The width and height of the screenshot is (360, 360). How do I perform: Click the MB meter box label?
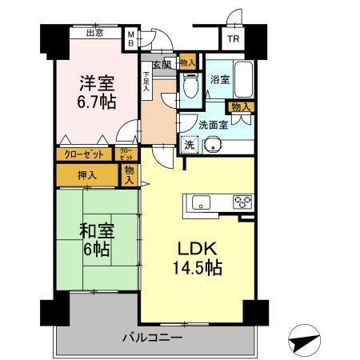pyautogui.click(x=131, y=38)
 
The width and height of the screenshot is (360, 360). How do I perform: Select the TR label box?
pyautogui.click(x=232, y=38)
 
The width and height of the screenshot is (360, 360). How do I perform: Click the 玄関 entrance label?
pyautogui.click(x=160, y=64)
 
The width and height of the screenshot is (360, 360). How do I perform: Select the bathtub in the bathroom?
pyautogui.click(x=241, y=80)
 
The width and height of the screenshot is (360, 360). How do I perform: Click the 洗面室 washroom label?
pyautogui.click(x=213, y=123)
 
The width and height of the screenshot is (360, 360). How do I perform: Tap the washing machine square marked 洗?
pyautogui.click(x=189, y=145)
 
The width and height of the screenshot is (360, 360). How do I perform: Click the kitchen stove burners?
pyautogui.click(x=242, y=201)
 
